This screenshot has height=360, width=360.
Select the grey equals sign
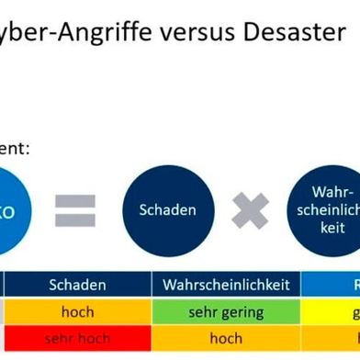pyautogui.click(x=75, y=210)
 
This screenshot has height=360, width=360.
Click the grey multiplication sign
pyautogui.click(x=250, y=210)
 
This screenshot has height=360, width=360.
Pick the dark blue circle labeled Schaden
pyautogui.click(x=167, y=210)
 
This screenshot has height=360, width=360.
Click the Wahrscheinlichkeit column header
pyautogui.click(x=226, y=286)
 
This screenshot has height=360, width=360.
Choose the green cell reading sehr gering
pyautogui.click(x=226, y=312)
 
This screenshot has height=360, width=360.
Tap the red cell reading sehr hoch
pyautogui.click(x=77, y=338)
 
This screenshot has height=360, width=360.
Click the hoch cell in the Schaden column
pyautogui.click(x=77, y=312)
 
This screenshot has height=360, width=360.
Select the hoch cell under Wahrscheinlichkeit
pyautogui.click(x=226, y=338)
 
